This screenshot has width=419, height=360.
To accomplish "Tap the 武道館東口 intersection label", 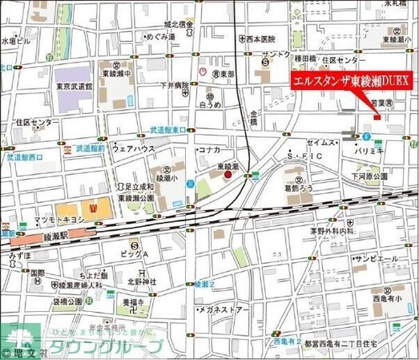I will click(167, 129).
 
